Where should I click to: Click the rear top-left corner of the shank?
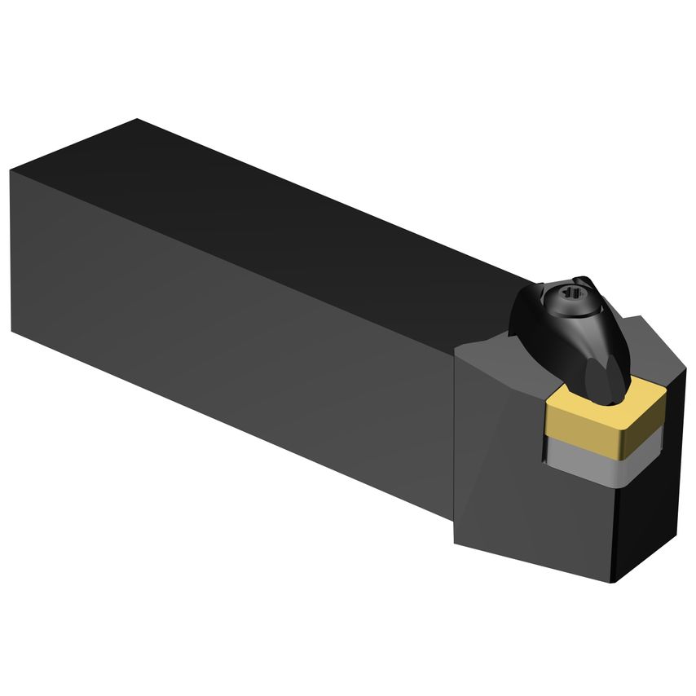click(11, 171)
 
